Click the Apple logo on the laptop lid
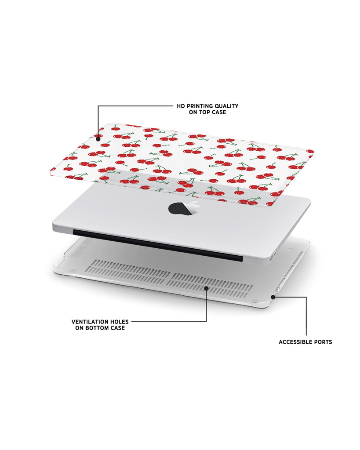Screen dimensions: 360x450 point(183,208)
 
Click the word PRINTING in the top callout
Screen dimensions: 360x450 point(199,106)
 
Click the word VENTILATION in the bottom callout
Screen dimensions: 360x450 point(89,322)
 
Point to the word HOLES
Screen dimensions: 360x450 point(119,322)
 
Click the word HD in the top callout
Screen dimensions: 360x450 point(181,106)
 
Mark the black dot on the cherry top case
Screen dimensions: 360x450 point(98,139)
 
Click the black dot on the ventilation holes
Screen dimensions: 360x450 point(206,288)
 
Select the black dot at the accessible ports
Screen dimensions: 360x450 point(273,297)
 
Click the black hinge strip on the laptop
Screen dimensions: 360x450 point(158,245)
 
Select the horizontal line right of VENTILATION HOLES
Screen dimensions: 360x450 point(169,322)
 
